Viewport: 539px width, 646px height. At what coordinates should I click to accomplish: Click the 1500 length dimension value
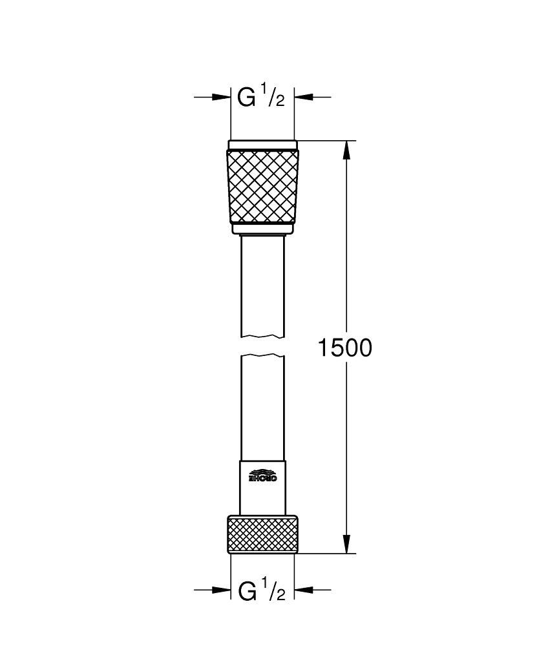[x=344, y=348]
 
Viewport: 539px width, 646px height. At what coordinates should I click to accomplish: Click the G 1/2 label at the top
[x=261, y=97]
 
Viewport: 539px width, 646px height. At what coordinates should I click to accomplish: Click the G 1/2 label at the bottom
[x=261, y=590]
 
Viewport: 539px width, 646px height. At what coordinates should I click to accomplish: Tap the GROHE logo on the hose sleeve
[x=263, y=475]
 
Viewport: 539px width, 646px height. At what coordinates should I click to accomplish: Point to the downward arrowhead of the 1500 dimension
[x=347, y=544]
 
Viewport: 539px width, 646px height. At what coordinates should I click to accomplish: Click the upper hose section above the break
[x=263, y=284]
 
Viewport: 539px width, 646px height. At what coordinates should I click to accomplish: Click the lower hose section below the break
[x=263, y=407]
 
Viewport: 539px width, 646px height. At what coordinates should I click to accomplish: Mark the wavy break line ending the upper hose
[x=263, y=336]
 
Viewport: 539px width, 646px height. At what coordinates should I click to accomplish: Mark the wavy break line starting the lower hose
[x=263, y=356]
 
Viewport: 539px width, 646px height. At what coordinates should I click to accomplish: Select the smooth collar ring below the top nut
[x=263, y=228]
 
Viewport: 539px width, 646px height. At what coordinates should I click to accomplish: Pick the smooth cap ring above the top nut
[x=263, y=145]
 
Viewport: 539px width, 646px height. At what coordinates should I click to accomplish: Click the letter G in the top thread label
[x=246, y=98]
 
